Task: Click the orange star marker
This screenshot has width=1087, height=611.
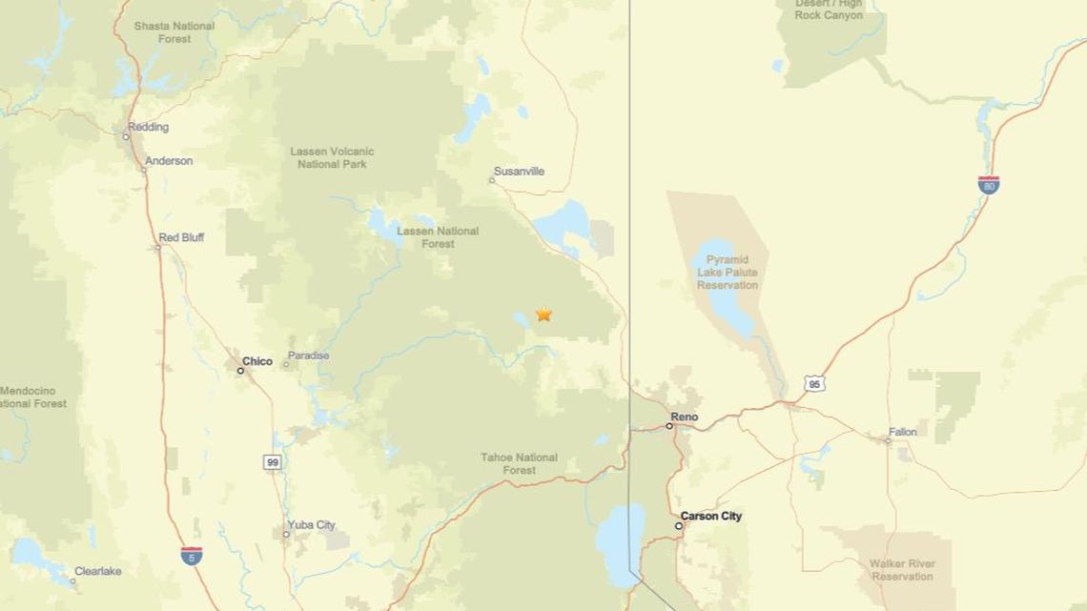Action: [x=543, y=314]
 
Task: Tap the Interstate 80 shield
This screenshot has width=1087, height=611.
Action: [x=989, y=185]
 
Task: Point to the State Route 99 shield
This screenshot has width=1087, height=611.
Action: [x=274, y=462]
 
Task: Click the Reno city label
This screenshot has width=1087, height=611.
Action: [x=685, y=417]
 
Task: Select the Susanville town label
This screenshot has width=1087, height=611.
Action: [x=520, y=173]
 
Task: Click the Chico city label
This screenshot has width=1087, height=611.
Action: [x=257, y=361]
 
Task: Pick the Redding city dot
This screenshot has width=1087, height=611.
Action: [x=126, y=136]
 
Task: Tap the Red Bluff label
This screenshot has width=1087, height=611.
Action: [x=181, y=237]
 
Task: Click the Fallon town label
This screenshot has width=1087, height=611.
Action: [x=902, y=432]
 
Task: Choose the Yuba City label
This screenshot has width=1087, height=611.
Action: [x=313, y=524]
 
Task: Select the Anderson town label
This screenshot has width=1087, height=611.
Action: [x=169, y=161]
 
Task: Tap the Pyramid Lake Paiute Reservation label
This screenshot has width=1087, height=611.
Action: [x=728, y=272]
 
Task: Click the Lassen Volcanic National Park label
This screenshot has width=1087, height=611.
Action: [x=332, y=157]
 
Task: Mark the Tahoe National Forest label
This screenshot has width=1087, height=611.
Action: [x=520, y=464]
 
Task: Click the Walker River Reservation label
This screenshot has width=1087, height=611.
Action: [x=901, y=570]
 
